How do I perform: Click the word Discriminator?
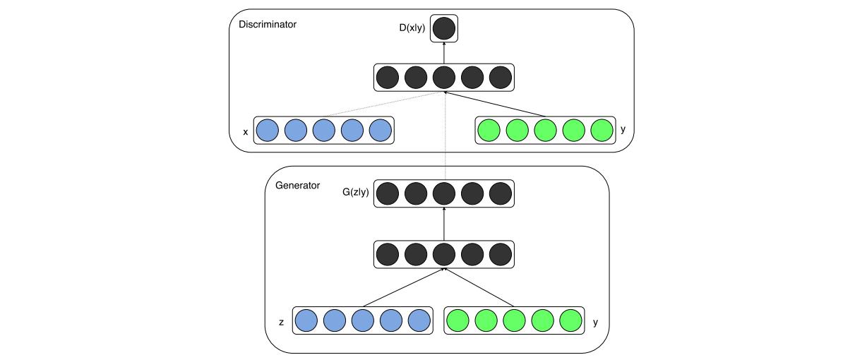coord(268,25)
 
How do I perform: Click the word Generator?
coord(297,186)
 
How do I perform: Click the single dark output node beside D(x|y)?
coord(444,29)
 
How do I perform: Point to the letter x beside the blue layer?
coord(245,131)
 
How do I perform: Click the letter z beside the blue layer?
coord(281,322)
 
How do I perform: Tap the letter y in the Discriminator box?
coord(623,130)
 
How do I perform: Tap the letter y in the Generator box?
coord(595,322)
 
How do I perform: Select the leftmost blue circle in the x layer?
coord(267,131)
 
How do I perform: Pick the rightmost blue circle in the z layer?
coord(419,320)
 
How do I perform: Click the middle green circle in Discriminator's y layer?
coord(545,131)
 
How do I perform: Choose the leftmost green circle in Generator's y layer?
coord(459,320)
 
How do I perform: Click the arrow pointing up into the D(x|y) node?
coord(444,53)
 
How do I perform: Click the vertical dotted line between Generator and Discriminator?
coord(444,141)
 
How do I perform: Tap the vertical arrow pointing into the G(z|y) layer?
coord(444,224)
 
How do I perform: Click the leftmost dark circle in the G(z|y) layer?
coord(388,193)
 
